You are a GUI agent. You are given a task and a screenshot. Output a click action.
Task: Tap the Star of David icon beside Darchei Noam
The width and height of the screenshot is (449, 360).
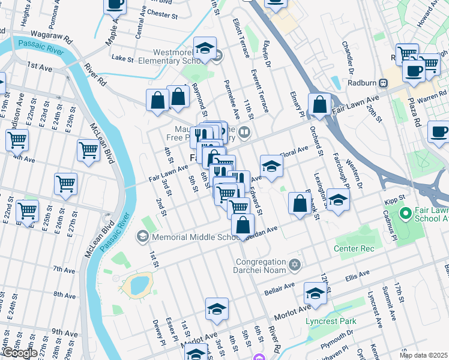coord(294,264)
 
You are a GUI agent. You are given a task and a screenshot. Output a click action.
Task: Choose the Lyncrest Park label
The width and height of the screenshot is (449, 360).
coord(330,321)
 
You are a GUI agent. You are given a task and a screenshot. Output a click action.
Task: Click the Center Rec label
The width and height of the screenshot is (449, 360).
coord(355,248)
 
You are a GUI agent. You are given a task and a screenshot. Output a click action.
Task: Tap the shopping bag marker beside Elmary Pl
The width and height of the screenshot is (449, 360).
coord(321,104)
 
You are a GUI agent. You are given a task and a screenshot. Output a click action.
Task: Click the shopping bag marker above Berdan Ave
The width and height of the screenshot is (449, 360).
coord(243,226)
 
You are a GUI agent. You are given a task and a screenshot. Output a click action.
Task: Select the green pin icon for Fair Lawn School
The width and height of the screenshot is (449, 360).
coord(405,213)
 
